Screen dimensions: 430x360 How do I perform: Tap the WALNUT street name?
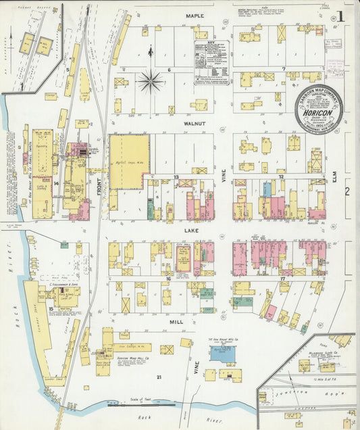point(195,124)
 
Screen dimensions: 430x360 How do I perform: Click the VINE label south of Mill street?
point(197,369)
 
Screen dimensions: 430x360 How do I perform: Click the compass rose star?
point(150,82)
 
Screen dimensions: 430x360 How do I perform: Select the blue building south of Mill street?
point(222,354)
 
